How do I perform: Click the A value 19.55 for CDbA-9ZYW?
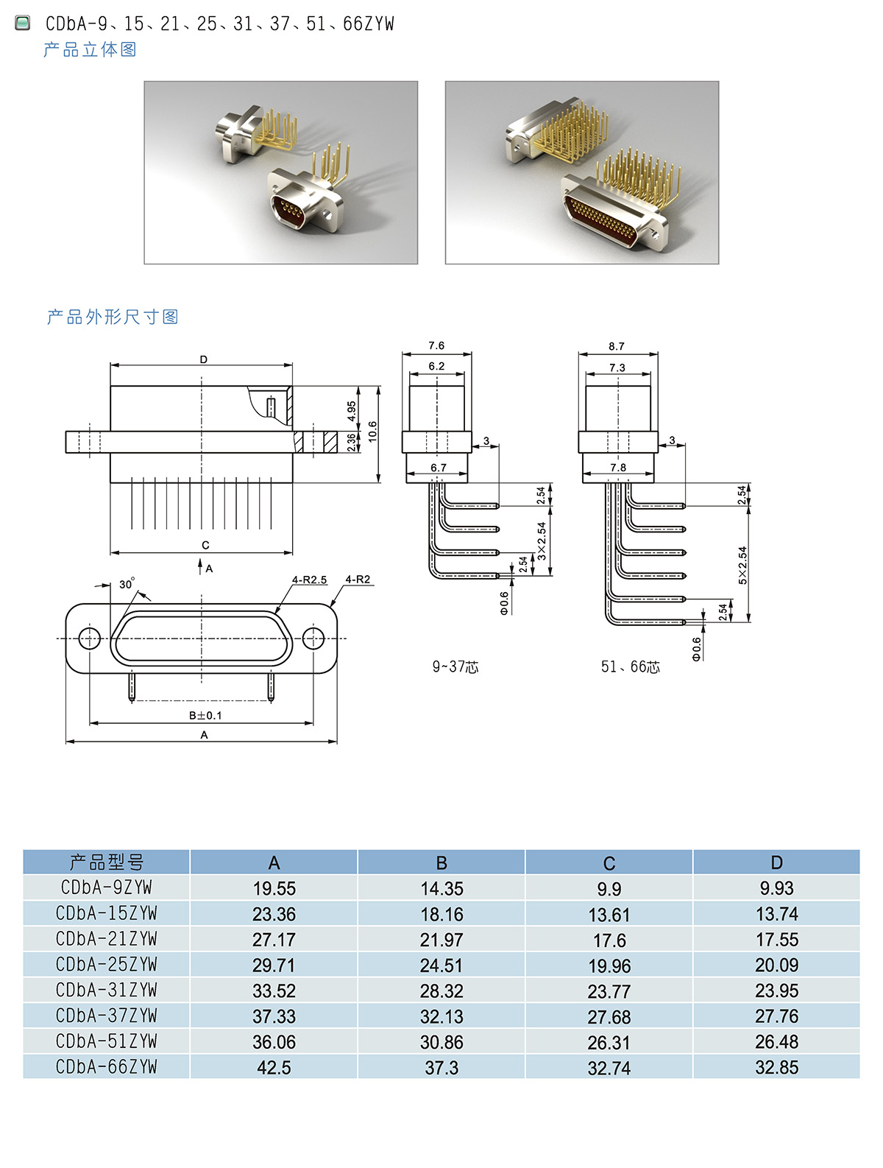(x=274, y=888)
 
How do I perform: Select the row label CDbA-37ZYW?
(x=107, y=1016)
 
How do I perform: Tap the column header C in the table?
(x=609, y=863)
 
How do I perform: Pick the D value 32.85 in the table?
(x=776, y=1067)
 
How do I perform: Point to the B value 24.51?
(x=441, y=965)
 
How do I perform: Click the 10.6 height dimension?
(x=372, y=431)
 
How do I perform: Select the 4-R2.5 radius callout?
(x=309, y=580)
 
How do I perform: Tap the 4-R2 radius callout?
(x=358, y=580)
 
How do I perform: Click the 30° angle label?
(x=127, y=584)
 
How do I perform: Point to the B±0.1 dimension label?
(x=205, y=716)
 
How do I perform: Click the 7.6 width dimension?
(x=436, y=346)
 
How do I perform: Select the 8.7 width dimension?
(x=617, y=347)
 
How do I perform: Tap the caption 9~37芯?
(x=455, y=667)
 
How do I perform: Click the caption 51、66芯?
(x=631, y=667)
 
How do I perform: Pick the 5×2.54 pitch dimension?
(x=742, y=566)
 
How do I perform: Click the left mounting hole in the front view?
(x=90, y=638)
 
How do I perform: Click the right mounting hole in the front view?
(x=313, y=638)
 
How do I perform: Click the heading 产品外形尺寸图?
(x=113, y=317)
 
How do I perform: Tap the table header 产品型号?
(x=107, y=862)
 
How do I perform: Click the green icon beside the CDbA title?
(x=24, y=24)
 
